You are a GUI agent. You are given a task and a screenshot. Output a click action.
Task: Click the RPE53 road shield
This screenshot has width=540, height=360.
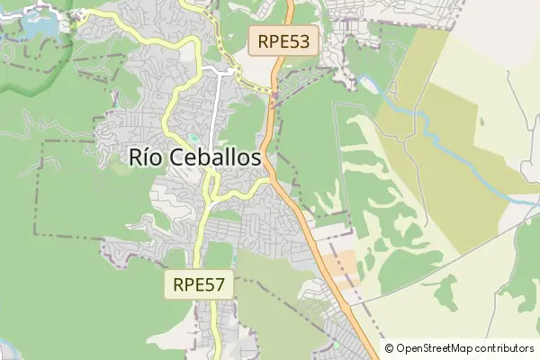283,40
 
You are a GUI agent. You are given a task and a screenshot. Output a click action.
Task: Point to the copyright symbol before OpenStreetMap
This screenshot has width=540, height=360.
389,348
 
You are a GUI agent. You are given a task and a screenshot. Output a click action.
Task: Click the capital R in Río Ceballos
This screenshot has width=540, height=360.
136,158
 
